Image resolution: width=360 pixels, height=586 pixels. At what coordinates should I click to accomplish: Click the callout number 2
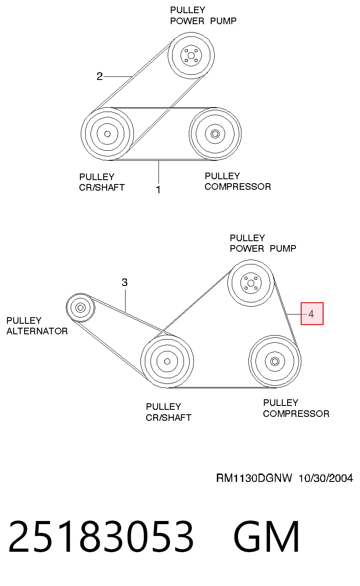coord(99,76)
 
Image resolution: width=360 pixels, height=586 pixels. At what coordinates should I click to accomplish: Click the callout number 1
coord(158,189)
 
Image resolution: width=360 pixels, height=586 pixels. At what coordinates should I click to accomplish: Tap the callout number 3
coord(124,282)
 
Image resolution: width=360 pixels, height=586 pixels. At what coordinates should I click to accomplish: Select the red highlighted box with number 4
coord(312,314)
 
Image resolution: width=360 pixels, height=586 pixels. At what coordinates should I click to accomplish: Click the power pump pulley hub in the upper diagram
coord(191,55)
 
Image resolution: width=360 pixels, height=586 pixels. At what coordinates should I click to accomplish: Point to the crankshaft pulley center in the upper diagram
coord(107,134)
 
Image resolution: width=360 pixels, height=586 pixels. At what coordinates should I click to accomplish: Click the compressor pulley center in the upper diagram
coord(215,134)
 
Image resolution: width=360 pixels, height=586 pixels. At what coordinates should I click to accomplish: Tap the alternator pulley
coord(80,307)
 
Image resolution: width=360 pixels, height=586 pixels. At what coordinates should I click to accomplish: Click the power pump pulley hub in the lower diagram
coord(251,283)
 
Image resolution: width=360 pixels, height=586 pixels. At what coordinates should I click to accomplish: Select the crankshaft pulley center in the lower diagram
coord(167,362)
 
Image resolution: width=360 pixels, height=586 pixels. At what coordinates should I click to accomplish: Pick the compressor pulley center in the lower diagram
coord(275,362)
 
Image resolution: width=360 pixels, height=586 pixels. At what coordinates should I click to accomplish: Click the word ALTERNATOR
coord(37,331)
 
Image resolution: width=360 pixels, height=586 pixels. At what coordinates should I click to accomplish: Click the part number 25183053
coord(101,536)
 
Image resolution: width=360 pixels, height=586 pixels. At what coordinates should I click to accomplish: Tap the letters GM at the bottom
coord(266,536)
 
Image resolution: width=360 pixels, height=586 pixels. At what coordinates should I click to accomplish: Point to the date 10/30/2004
coord(326,478)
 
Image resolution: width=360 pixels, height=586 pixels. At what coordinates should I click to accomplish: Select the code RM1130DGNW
coord(254,478)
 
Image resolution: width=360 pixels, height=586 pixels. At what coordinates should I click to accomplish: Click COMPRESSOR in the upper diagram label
coord(238,187)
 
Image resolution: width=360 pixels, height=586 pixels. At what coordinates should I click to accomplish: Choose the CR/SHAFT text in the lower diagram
coord(169,417)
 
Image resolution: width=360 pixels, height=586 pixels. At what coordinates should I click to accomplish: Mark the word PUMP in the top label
coord(223,21)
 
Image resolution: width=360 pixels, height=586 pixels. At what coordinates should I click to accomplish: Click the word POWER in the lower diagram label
coord(247,249)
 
